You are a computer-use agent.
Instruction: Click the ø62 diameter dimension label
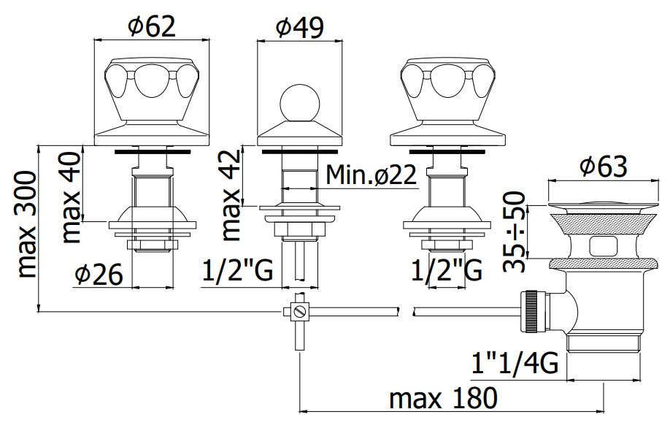152,26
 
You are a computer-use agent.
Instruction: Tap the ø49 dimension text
299,27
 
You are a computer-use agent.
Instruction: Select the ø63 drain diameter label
604,166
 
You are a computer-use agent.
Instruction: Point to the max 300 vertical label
26,224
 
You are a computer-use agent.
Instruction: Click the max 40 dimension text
71,197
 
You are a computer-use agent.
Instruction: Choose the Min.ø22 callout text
371,175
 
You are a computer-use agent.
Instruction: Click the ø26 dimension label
99,274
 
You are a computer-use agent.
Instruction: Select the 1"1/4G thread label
515,364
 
